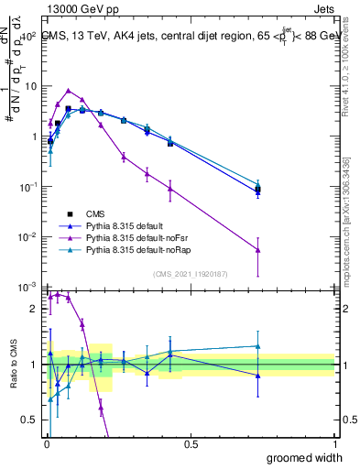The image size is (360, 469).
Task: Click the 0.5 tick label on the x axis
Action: click(x=191, y=443)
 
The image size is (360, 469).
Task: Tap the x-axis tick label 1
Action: click(x=335, y=443)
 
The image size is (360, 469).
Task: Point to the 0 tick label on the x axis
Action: click(x=47, y=443)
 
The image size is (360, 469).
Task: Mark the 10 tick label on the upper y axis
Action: click(x=27, y=86)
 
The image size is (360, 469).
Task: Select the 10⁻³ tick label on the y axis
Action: click(x=27, y=288)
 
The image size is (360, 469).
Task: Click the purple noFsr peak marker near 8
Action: click(x=69, y=91)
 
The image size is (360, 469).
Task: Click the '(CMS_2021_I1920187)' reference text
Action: click(x=190, y=274)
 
